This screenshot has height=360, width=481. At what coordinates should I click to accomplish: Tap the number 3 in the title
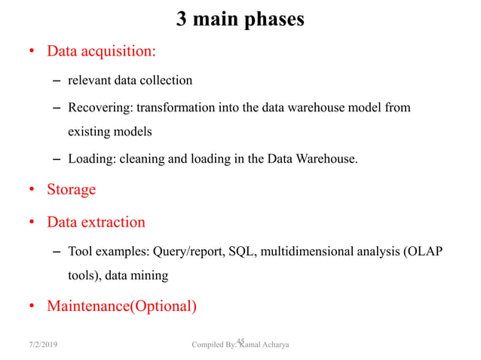point(182,19)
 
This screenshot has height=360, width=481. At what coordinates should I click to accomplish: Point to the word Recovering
point(99,108)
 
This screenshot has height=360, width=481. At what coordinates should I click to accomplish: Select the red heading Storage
point(72,189)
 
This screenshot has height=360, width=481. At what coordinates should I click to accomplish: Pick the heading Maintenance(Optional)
point(121,307)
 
